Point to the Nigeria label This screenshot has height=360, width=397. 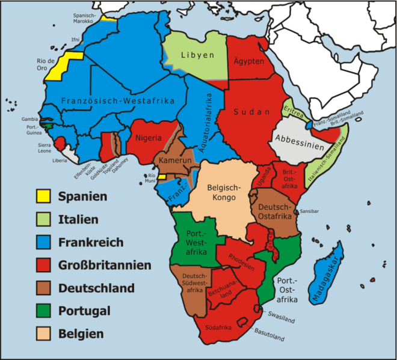[149, 138]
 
